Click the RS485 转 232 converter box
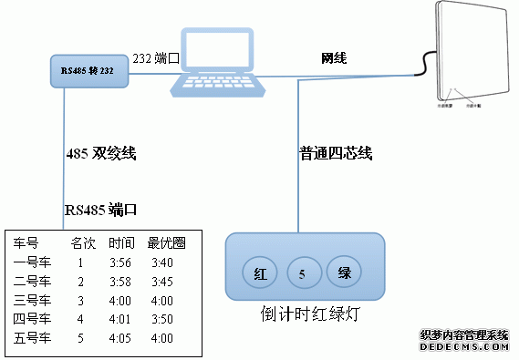(x=88, y=69)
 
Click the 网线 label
(x=335, y=58)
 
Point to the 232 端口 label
(x=154, y=58)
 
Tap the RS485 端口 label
(x=100, y=210)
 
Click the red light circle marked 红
(x=260, y=273)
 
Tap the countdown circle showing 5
(x=303, y=273)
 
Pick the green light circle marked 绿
(x=345, y=273)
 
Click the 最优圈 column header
(x=166, y=244)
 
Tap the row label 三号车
(x=32, y=301)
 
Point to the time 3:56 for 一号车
(x=120, y=263)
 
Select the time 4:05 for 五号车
(x=120, y=338)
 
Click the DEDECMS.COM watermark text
(x=463, y=347)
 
